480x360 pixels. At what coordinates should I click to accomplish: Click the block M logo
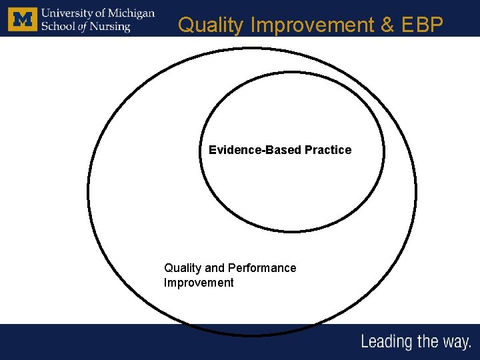click(23, 19)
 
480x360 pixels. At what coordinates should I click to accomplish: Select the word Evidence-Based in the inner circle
click(255, 150)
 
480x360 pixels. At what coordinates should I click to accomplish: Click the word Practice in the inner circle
click(328, 150)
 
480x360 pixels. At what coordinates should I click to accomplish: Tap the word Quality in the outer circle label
click(183, 268)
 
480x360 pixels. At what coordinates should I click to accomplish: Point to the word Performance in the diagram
click(262, 268)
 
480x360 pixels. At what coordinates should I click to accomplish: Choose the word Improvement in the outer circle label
click(199, 283)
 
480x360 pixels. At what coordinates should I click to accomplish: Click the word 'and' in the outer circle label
click(215, 268)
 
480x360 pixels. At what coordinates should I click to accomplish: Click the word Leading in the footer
click(387, 342)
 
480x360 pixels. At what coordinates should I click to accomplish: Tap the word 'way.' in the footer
click(455, 343)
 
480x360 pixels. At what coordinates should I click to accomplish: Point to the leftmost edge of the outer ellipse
click(88, 193)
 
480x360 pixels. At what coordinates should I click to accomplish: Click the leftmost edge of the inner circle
click(200, 151)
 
